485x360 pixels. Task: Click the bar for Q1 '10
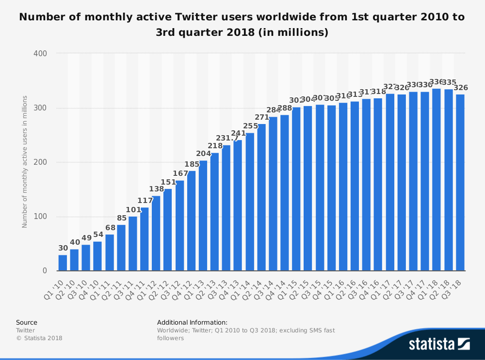pyautogui.click(x=63, y=263)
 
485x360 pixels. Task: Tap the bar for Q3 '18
pyautogui.click(x=460, y=182)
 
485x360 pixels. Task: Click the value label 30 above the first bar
pyautogui.click(x=63, y=249)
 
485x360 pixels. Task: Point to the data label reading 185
pyautogui.click(x=191, y=164)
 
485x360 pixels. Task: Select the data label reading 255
pyautogui.click(x=250, y=126)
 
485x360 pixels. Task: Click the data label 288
pyautogui.click(x=285, y=108)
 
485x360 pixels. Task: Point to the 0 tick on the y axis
pyautogui.click(x=44, y=270)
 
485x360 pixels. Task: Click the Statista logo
pyautogui.click(x=439, y=344)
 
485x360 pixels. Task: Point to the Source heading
pyautogui.click(x=26, y=322)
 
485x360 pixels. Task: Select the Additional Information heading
pyautogui.click(x=192, y=322)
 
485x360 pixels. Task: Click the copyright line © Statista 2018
pyautogui.click(x=39, y=338)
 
